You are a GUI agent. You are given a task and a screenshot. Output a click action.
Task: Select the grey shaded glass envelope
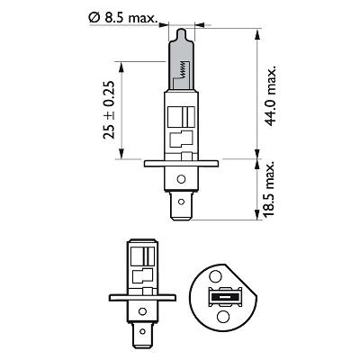[181, 63]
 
